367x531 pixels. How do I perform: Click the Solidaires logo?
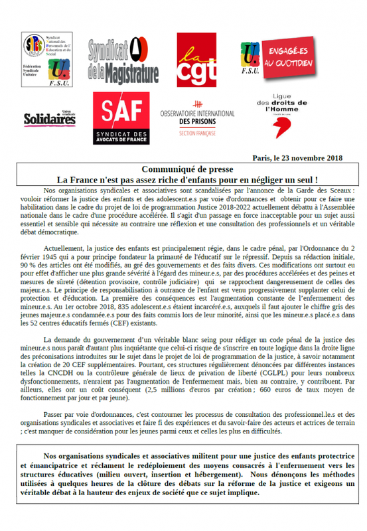(x=49, y=119)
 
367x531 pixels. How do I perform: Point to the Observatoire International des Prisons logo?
(x=197, y=119)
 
